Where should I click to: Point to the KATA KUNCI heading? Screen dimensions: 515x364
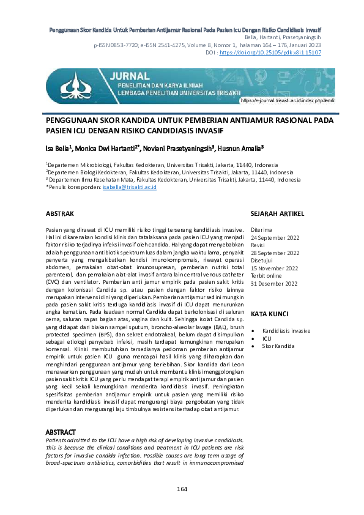click(270, 296)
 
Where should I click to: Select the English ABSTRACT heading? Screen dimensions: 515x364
click(62, 431)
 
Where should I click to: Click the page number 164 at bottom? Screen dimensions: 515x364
click(182, 489)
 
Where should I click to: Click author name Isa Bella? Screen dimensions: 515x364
click(59, 147)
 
